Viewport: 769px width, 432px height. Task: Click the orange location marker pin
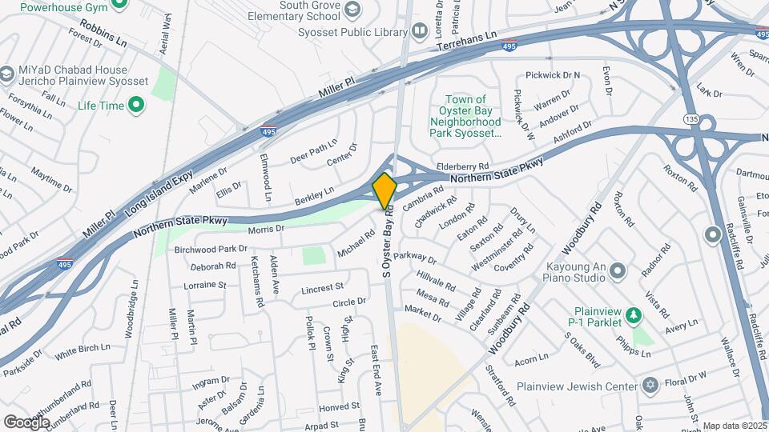(x=384, y=190)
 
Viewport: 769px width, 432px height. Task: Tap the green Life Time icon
(x=136, y=105)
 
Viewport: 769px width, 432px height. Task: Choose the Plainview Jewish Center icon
(x=650, y=386)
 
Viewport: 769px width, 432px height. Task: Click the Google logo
(x=26, y=422)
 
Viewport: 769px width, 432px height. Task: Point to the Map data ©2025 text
(x=735, y=426)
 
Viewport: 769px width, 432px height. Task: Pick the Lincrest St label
(x=322, y=286)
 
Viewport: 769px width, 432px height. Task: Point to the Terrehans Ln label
(x=468, y=43)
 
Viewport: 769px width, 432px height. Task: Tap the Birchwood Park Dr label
(x=211, y=249)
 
